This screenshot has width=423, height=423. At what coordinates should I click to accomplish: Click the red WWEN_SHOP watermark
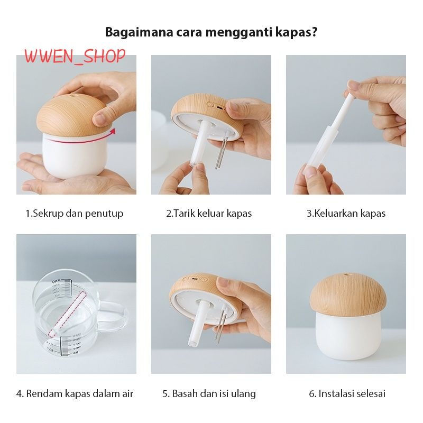point(75,57)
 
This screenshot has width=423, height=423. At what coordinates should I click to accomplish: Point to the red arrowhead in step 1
point(113,131)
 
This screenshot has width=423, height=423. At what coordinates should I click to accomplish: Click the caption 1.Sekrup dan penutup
point(75,214)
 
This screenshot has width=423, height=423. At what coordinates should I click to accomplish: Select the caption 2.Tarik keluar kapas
point(209,214)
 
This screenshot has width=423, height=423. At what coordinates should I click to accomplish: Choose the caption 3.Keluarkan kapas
point(346,214)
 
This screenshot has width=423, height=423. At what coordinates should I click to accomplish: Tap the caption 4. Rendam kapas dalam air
point(75,393)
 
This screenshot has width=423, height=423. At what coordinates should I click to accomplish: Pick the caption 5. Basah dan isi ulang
point(209,393)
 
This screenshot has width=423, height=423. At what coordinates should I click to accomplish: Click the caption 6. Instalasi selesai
point(347,393)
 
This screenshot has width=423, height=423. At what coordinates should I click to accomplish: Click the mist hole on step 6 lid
point(346,275)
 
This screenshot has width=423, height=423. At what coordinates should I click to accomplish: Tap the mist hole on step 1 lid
point(73,95)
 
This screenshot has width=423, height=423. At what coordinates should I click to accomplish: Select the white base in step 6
point(348,336)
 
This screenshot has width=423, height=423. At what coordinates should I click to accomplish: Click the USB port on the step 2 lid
point(220,107)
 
